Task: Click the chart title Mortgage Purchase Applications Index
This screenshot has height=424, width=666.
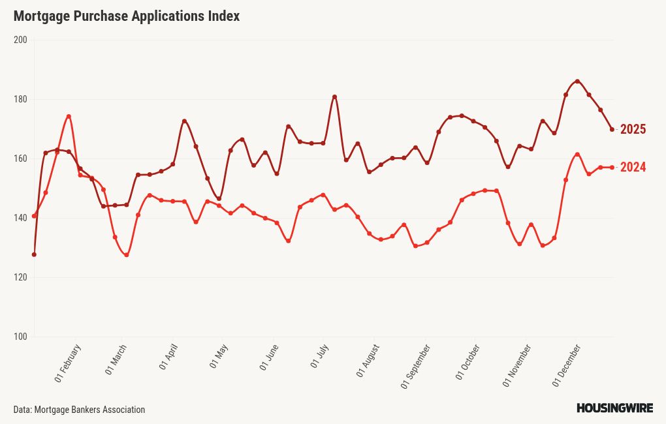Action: tap(127, 16)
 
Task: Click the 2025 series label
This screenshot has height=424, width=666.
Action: tap(633, 129)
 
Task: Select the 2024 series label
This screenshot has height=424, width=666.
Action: tap(633, 168)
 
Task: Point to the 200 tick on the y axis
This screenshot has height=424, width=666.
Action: tap(20, 40)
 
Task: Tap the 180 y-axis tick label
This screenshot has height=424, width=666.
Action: tap(20, 99)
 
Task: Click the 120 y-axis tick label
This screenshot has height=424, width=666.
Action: tap(20, 277)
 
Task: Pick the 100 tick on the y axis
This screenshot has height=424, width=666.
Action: tap(20, 337)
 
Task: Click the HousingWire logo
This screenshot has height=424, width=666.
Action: tap(614, 408)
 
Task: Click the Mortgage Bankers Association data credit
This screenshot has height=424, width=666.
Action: tap(79, 410)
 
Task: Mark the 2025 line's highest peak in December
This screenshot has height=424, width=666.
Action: tap(577, 82)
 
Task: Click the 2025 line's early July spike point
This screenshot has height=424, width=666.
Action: tap(334, 97)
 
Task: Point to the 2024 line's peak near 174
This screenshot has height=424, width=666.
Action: tap(69, 117)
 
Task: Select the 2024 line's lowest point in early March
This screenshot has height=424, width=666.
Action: tap(126, 255)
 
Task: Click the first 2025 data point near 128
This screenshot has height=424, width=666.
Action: tap(34, 254)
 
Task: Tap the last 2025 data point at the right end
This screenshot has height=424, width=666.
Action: tap(612, 129)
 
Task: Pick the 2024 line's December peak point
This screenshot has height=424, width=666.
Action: tap(577, 155)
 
